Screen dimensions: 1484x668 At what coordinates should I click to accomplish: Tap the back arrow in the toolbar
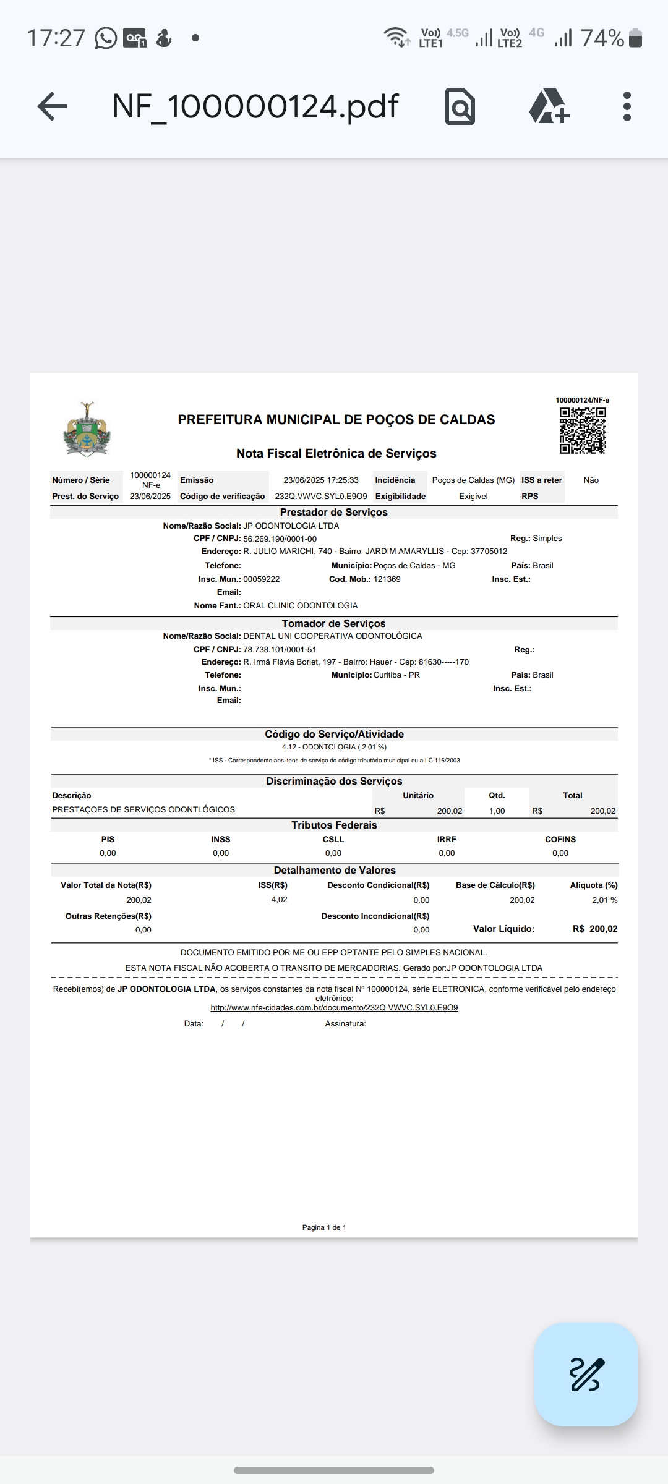click(x=52, y=106)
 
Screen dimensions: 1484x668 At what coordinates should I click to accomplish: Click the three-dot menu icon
click(x=627, y=106)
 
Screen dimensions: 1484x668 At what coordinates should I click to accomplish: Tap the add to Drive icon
click(x=549, y=106)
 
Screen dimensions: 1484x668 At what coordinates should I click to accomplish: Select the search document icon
click(x=460, y=106)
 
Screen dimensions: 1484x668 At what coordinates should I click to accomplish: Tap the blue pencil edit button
click(x=586, y=1374)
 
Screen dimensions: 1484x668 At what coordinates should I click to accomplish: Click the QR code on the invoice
click(x=583, y=431)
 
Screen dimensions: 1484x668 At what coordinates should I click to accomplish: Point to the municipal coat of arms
click(x=87, y=429)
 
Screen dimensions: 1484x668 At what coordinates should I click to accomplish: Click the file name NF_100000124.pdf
click(x=255, y=106)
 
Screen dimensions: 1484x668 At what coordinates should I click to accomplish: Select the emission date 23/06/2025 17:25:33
click(x=321, y=480)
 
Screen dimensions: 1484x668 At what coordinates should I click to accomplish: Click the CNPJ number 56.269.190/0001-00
click(x=280, y=539)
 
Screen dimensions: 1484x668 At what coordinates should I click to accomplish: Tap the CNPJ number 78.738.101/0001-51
click(x=280, y=650)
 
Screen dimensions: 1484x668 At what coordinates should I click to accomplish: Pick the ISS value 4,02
click(x=279, y=900)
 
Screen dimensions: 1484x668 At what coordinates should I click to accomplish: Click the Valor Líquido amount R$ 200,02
click(x=595, y=929)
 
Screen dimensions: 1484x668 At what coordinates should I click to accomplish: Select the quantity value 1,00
click(x=497, y=811)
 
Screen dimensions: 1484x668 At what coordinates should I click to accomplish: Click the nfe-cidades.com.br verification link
click(x=334, y=1008)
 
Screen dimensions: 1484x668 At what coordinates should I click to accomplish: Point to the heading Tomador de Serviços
click(x=333, y=623)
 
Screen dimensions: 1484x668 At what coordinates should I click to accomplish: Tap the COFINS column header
click(x=560, y=840)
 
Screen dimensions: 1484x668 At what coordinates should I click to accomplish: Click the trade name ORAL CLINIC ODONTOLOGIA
click(x=300, y=606)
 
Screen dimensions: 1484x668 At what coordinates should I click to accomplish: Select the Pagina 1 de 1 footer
click(x=324, y=1227)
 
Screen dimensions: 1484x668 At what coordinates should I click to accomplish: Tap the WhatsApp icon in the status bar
click(x=106, y=38)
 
